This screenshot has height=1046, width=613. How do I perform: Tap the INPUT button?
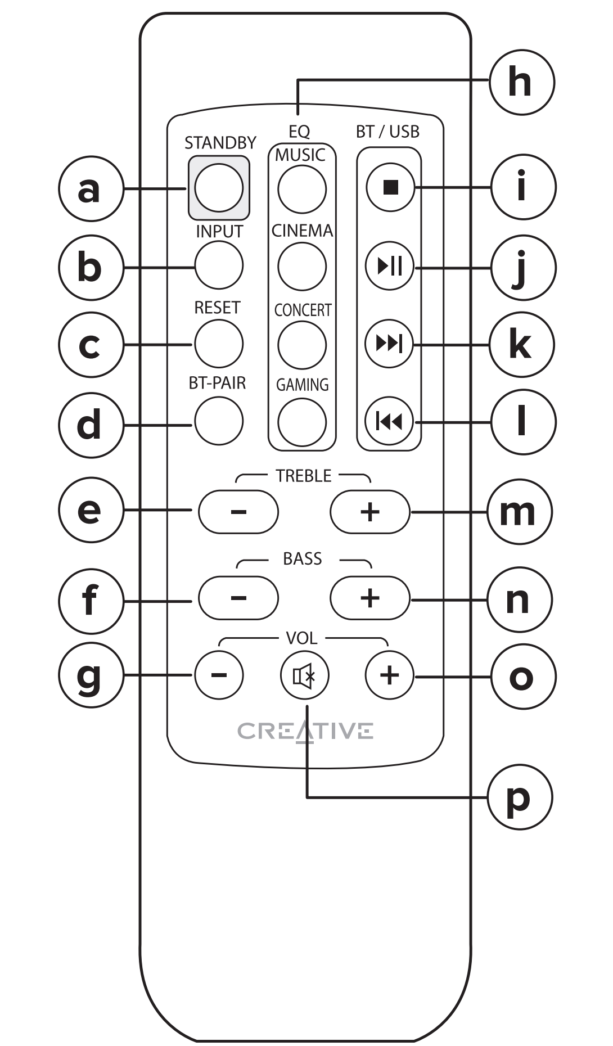click(219, 265)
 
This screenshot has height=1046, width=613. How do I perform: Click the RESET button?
click(219, 344)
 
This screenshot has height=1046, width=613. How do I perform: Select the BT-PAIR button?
click(219, 421)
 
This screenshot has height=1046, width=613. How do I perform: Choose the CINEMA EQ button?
click(302, 267)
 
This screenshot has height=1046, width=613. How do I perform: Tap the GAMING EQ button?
click(302, 422)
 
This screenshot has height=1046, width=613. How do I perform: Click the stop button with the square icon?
click(390, 187)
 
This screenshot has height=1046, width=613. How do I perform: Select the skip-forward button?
click(389, 343)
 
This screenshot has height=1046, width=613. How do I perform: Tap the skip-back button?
click(389, 421)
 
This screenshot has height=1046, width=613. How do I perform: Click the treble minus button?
click(238, 512)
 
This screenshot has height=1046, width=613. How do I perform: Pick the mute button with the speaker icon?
click(304, 675)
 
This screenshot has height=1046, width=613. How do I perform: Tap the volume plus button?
click(389, 675)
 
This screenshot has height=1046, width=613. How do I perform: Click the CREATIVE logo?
click(305, 731)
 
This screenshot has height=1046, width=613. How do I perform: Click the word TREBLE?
click(303, 476)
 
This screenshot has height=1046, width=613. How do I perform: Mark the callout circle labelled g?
click(90, 675)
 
